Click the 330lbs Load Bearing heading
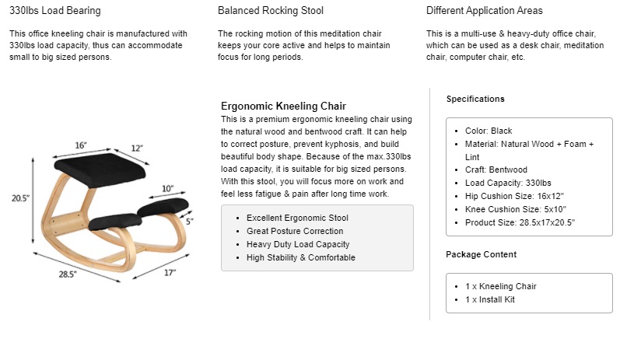(x=54, y=11)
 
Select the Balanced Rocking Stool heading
(x=270, y=11)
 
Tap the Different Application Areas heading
(x=485, y=11)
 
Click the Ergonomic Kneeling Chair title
(x=283, y=107)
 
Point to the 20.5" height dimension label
(x=20, y=198)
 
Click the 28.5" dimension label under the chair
(x=68, y=274)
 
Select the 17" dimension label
(x=170, y=273)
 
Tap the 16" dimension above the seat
(x=81, y=145)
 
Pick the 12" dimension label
(x=137, y=148)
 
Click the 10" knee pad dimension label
(x=167, y=188)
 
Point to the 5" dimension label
(x=190, y=222)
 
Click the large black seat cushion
(x=100, y=170)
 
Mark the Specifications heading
(x=475, y=99)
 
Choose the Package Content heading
(x=482, y=254)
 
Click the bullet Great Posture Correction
(x=295, y=231)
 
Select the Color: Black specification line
(x=489, y=131)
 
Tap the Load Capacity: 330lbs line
(x=508, y=183)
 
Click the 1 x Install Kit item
(x=490, y=299)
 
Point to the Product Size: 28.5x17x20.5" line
(x=520, y=222)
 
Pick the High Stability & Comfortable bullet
(x=301, y=258)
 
